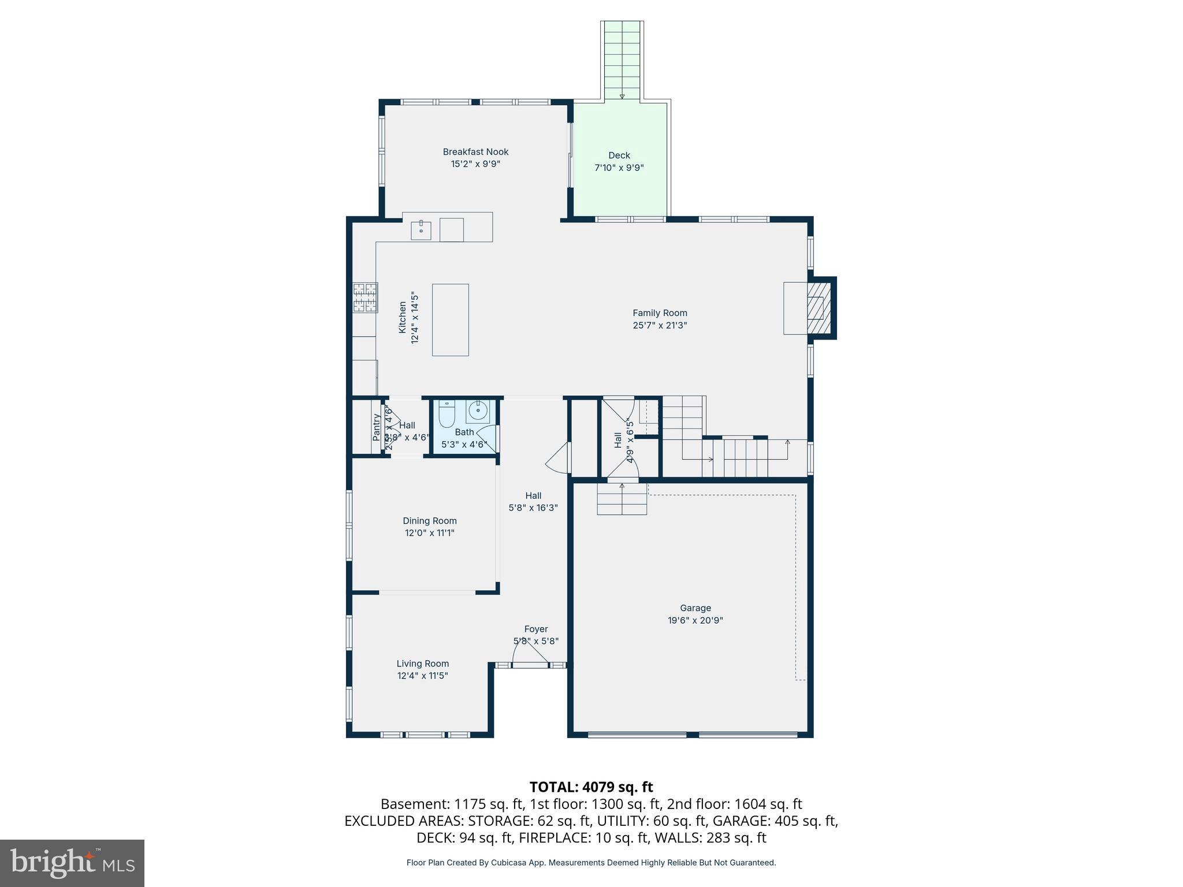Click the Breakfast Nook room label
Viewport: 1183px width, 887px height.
(475, 152)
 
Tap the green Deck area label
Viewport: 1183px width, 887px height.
(619, 155)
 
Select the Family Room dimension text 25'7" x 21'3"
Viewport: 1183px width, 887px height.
(660, 325)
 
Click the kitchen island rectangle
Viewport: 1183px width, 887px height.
(450, 319)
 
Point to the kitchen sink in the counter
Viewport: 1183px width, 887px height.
(421, 230)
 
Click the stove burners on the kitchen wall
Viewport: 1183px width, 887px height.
(365, 297)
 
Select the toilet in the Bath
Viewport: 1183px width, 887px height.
(447, 415)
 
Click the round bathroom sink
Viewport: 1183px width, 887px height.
(478, 411)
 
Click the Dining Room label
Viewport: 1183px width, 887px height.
(430, 521)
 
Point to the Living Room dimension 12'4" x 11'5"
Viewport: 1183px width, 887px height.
(422, 676)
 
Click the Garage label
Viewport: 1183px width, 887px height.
(695, 608)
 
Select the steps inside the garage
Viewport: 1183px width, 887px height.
(622, 500)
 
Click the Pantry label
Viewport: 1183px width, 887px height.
(377, 427)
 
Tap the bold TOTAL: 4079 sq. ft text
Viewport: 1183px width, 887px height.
(591, 787)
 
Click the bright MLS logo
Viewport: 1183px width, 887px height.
(72, 863)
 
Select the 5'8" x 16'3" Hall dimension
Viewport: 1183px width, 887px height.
(533, 508)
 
